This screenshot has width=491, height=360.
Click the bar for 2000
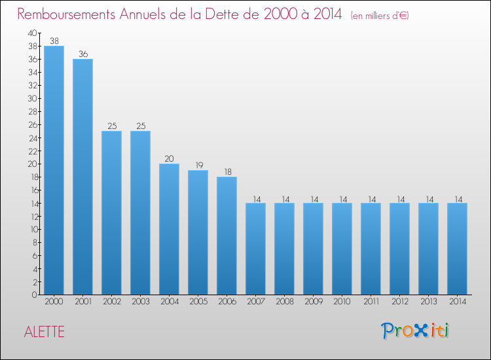pyautogui.click(x=54, y=170)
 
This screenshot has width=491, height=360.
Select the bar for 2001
pyautogui.click(x=82, y=177)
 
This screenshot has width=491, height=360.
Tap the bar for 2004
pyautogui.click(x=169, y=229)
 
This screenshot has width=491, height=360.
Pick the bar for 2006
pyautogui.click(x=227, y=236)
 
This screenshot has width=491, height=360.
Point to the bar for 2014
pyautogui.click(x=457, y=249)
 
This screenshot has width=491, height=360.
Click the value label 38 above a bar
pyautogui.click(x=54, y=41)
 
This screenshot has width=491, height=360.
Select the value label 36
pyautogui.click(x=82, y=54)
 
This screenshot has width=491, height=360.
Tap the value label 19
pyautogui.click(x=198, y=165)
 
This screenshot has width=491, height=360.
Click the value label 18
pyautogui.click(x=227, y=171)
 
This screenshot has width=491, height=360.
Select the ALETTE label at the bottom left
pyautogui.click(x=45, y=332)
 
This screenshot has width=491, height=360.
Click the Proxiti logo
pyautogui.click(x=415, y=331)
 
